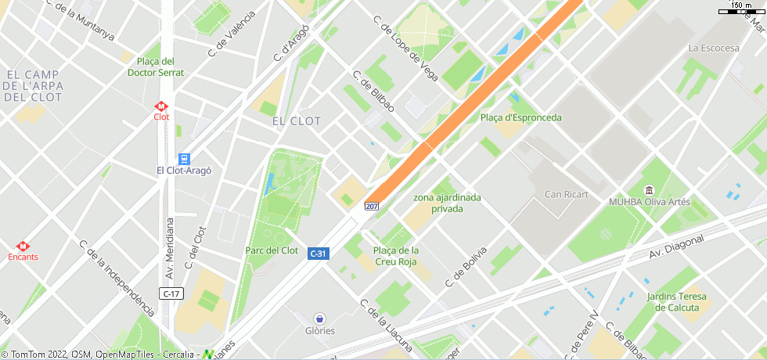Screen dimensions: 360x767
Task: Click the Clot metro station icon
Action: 161,105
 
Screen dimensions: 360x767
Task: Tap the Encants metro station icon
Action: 23,245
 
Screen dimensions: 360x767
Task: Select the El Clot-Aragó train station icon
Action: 184,158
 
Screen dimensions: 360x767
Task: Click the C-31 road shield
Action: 318,254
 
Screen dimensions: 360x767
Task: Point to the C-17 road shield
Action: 171,293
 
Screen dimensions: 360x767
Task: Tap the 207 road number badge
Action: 371,207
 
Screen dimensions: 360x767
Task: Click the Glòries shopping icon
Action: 319,319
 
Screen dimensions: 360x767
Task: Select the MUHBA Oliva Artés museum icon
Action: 649,190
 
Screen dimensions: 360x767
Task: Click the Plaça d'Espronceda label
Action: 520,117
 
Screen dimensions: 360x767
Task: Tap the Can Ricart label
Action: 566,194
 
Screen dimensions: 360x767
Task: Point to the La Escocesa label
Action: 713,48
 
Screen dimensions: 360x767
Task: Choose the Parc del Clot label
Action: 272,250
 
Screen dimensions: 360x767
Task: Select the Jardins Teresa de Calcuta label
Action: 676,302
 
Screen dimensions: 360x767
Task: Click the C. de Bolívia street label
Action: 466,266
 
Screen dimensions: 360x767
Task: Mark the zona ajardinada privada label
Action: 447,203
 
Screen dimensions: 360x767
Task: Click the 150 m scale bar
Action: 740,10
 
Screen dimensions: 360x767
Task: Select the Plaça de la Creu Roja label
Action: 396,255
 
